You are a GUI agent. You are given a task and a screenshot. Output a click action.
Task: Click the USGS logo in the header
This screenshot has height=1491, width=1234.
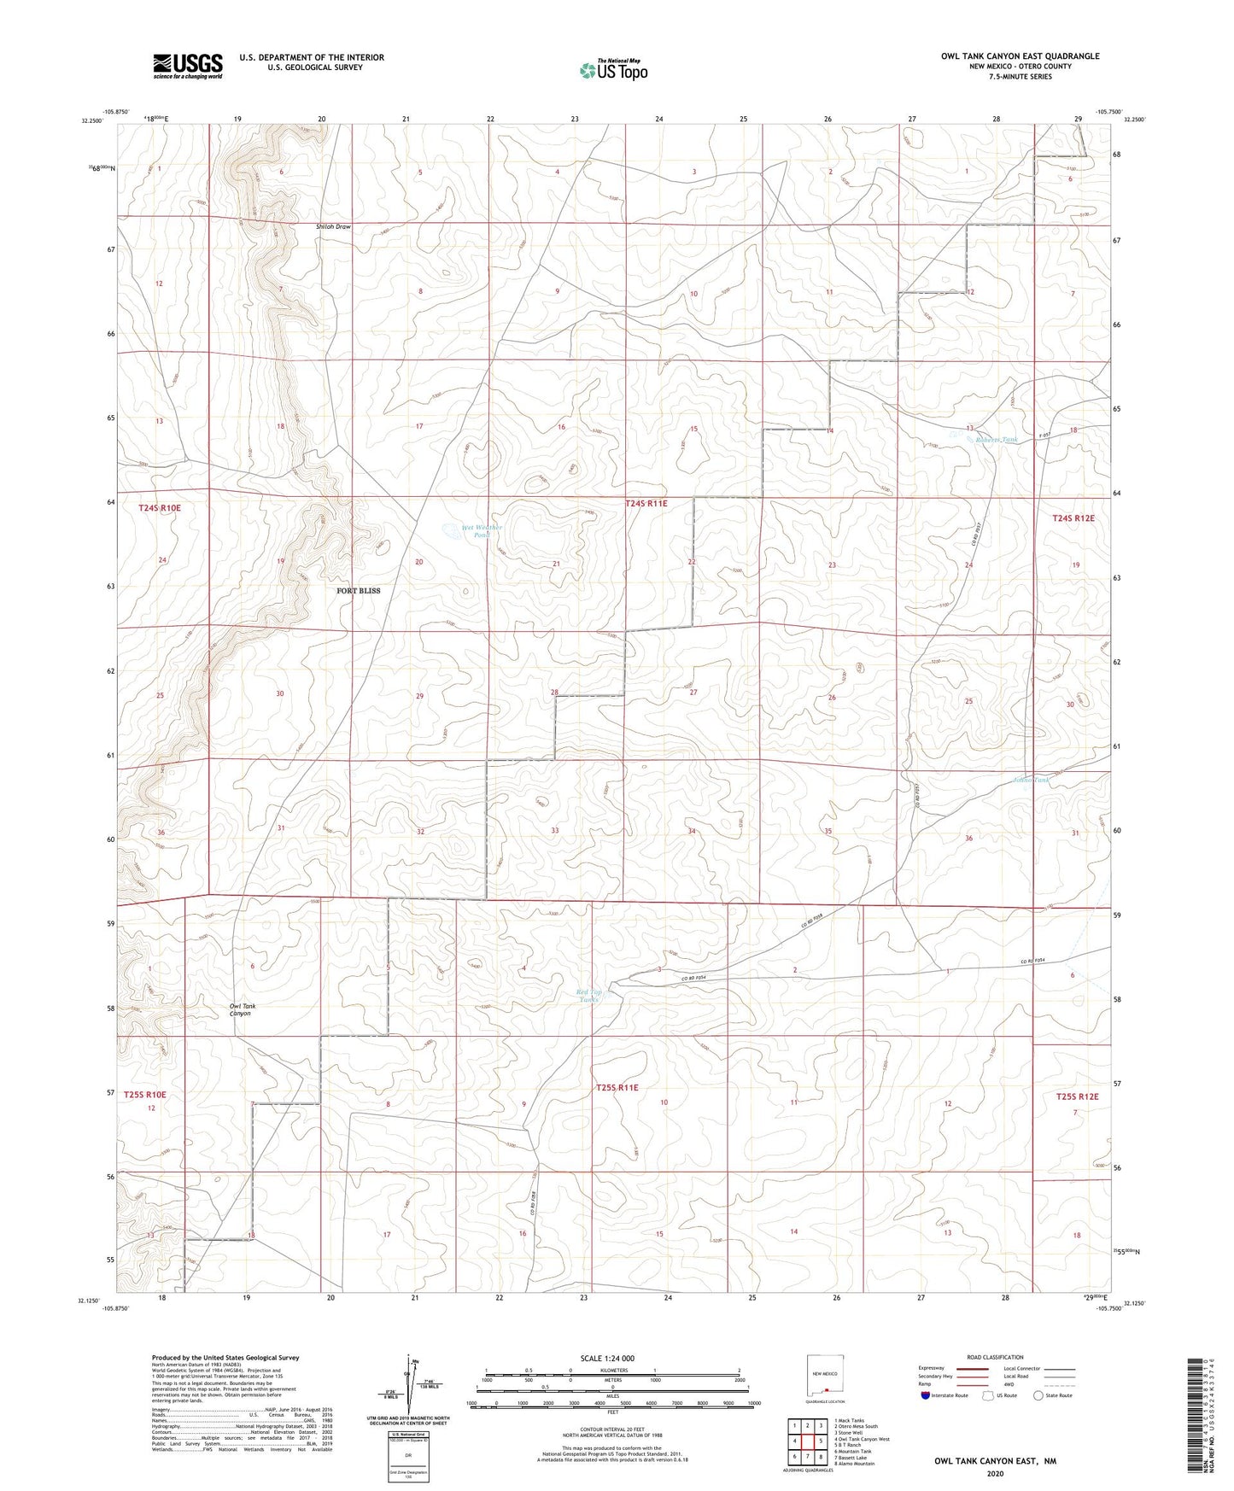[x=188, y=66]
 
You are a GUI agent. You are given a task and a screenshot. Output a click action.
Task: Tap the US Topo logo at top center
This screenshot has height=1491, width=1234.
[x=613, y=69]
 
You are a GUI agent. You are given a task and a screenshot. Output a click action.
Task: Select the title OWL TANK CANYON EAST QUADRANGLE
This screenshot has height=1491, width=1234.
[x=1020, y=56]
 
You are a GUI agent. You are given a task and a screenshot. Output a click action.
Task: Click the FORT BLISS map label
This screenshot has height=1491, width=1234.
[x=358, y=591]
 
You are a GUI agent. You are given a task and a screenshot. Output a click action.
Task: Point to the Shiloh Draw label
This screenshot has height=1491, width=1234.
[x=333, y=227]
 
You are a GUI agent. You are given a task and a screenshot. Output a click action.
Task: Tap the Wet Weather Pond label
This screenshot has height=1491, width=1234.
[x=482, y=531]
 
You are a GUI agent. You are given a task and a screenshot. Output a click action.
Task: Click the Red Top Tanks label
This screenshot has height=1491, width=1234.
[x=589, y=996]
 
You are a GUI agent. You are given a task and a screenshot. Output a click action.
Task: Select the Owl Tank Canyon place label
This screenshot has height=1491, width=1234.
[x=242, y=1009]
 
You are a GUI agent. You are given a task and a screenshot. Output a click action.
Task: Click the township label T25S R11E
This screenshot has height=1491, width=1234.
[x=617, y=1088]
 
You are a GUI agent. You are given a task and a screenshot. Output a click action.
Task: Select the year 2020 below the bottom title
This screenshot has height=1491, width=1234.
[x=995, y=1473]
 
